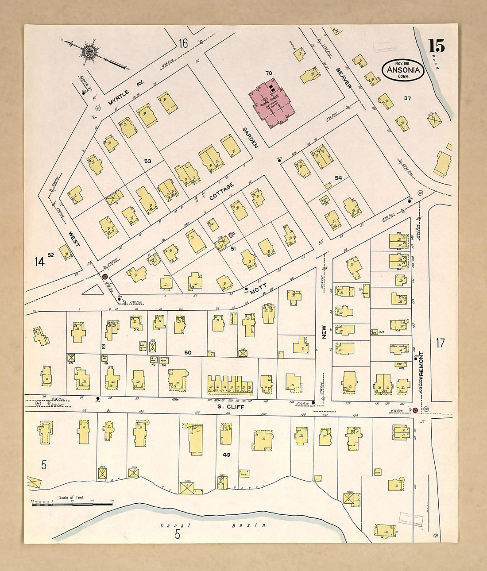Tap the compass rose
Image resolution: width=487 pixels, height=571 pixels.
coord(90,51)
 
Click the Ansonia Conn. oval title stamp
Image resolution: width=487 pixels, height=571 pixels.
coord(403,70)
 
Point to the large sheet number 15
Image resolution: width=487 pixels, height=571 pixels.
coord(436,46)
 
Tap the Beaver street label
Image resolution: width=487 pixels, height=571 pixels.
coord(343,78)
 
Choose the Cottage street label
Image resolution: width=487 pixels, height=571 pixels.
coord(221,191)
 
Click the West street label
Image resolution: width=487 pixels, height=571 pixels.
coord(73,239)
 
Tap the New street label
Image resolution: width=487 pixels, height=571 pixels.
coord(324,332)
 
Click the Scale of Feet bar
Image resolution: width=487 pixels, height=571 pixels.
coord(72,504)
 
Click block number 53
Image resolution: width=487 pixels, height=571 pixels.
coord(147,161)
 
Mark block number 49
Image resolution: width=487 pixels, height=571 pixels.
coord(227,455)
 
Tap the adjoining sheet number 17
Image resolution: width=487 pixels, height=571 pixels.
coord(440,343)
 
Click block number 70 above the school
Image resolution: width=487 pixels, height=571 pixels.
coord(268,73)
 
